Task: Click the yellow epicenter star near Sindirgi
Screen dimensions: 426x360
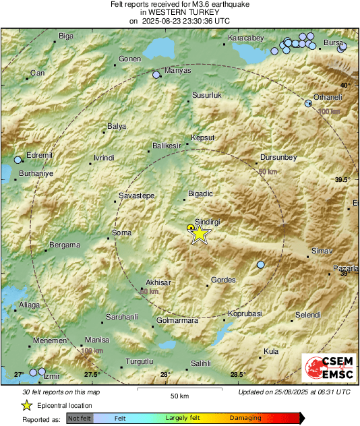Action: (x=200, y=235)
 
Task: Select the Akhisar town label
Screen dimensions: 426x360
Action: (x=159, y=282)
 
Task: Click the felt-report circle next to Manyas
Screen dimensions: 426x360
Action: (x=156, y=75)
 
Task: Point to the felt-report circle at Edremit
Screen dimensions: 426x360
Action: (x=18, y=160)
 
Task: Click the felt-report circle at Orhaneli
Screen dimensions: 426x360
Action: (x=308, y=104)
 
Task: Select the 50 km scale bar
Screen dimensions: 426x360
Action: (x=179, y=390)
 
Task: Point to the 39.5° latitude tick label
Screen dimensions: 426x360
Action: (x=343, y=179)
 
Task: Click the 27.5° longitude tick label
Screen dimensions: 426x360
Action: (x=92, y=375)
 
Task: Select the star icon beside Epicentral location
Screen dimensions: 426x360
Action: (x=26, y=405)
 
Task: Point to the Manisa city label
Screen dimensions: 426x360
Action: (x=96, y=340)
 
